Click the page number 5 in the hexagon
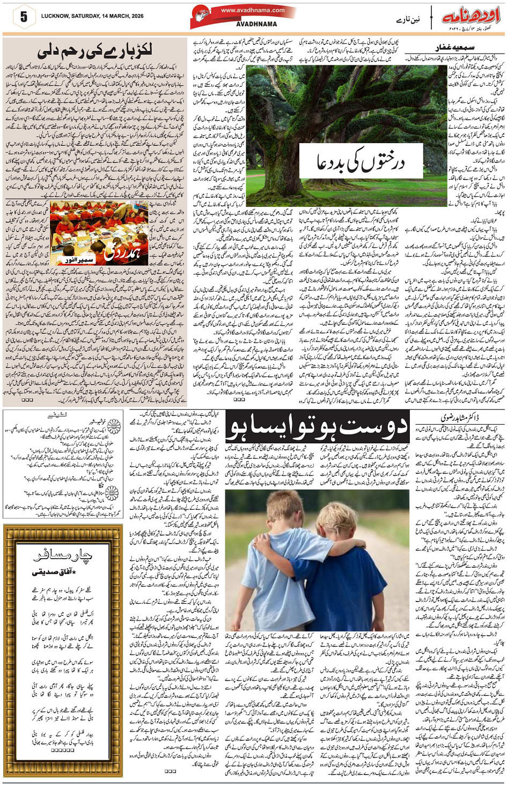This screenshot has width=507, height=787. pos(23,17)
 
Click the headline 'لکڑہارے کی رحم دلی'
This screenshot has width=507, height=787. pos(95,51)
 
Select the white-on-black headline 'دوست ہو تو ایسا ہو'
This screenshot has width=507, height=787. pos(319,427)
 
